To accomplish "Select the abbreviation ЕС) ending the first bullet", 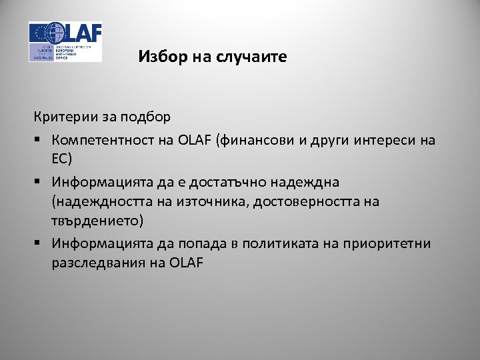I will pos(62,159).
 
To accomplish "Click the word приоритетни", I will pos(389,243).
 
